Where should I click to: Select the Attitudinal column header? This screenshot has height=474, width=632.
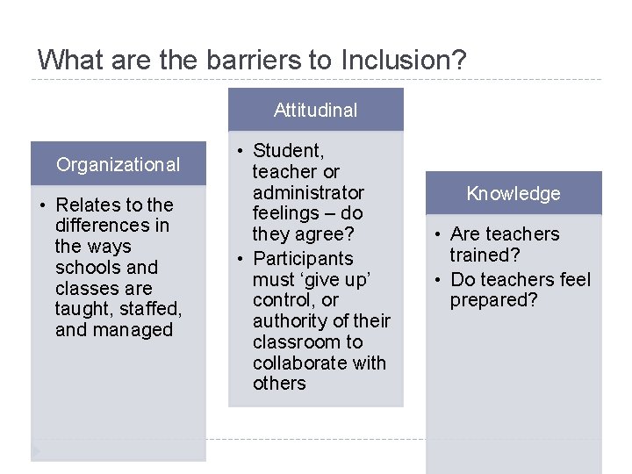[316, 111]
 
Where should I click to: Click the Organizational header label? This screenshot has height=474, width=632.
[118, 164]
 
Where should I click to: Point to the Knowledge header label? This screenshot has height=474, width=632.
[513, 193]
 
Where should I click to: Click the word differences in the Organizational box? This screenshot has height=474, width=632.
[112, 226]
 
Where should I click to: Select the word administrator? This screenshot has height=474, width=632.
[308, 192]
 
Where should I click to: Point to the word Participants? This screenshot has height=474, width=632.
[303, 259]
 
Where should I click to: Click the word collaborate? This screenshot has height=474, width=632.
[298, 363]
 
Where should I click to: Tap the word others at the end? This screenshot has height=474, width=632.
[279, 384]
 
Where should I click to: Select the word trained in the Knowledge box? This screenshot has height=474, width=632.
[482, 255]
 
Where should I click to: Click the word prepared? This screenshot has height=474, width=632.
[494, 301]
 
